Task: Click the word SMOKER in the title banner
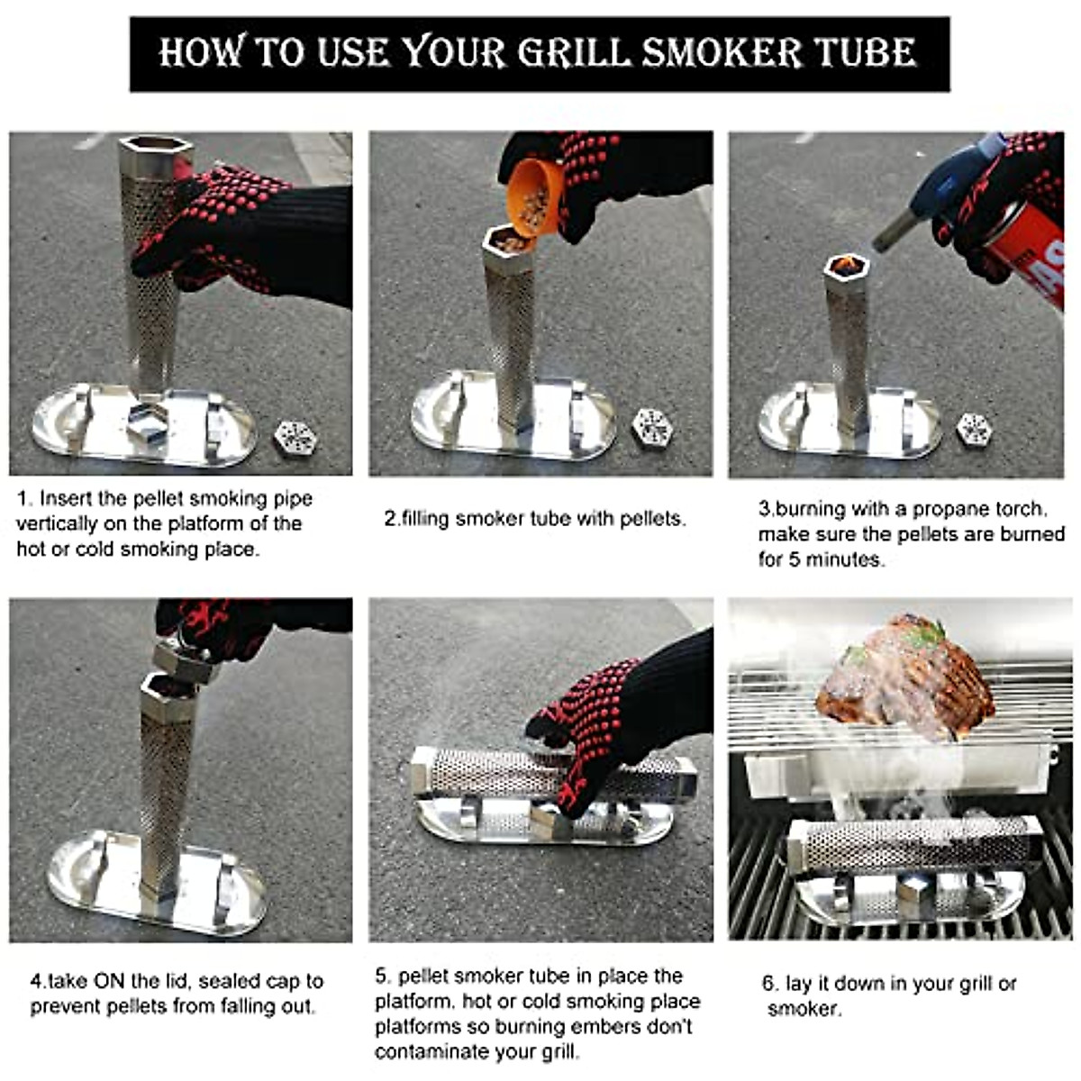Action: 722,52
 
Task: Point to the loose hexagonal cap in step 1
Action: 295,438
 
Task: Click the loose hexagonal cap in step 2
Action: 651,427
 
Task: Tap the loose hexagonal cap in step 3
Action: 974,428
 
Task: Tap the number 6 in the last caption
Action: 768,984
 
